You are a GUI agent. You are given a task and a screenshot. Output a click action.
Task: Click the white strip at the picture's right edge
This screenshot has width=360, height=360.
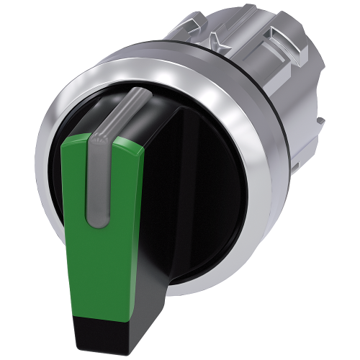tap(357, 180)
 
